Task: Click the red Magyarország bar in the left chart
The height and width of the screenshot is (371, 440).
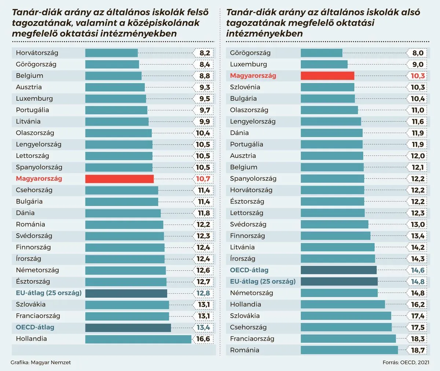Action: click(119, 179)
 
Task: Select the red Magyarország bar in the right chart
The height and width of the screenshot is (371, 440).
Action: click(327, 76)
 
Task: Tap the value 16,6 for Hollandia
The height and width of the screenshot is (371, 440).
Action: click(203, 339)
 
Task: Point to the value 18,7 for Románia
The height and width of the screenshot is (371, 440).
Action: click(418, 350)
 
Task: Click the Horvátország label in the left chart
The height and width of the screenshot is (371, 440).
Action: click(37, 53)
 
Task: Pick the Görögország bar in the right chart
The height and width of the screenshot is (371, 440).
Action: click(321, 53)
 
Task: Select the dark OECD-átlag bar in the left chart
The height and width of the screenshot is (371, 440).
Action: click(128, 327)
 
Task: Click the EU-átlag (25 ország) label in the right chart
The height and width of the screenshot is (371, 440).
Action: click(263, 282)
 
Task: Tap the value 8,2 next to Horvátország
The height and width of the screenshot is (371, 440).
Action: click(205, 53)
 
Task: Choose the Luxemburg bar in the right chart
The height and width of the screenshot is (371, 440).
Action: click(324, 65)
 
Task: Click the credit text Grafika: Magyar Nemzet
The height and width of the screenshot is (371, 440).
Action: click(41, 363)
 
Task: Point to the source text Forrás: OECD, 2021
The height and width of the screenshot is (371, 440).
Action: click(406, 363)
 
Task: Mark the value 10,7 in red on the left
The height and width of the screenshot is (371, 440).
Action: click(203, 179)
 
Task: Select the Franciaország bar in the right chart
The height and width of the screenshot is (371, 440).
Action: click(348, 339)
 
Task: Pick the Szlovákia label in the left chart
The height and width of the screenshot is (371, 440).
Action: click(31, 304)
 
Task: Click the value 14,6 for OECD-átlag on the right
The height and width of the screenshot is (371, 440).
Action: click(418, 270)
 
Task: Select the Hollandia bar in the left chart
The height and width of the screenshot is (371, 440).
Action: click(138, 339)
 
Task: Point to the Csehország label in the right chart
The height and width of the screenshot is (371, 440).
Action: click(248, 327)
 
